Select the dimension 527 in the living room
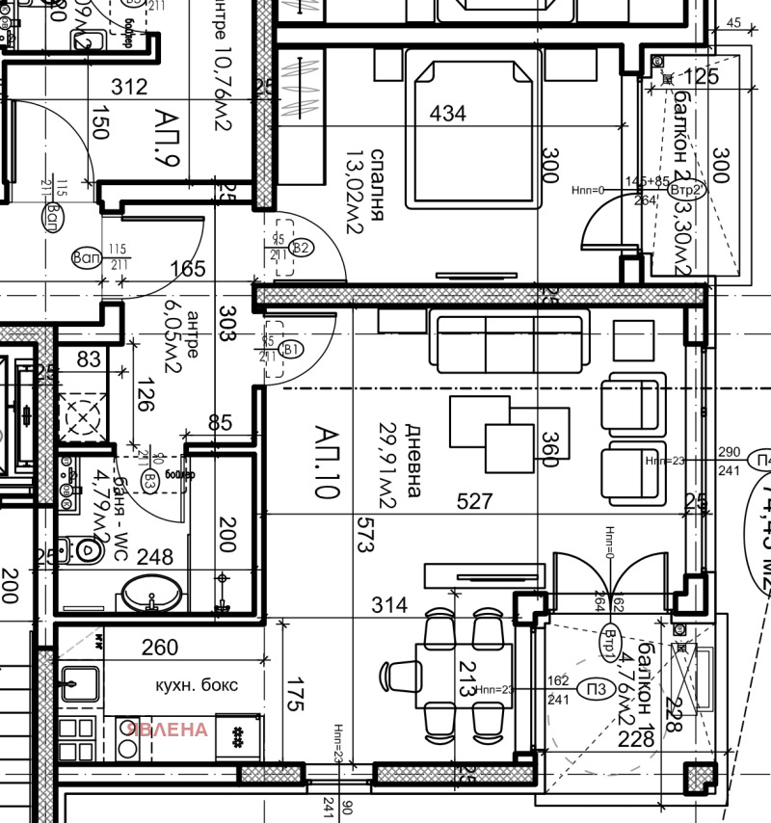[x=475, y=501]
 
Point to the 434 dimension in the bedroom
[x=447, y=114]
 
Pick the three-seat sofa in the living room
[x=511, y=342]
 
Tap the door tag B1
[x=292, y=349]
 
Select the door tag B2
[x=301, y=248]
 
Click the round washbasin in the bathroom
[x=151, y=592]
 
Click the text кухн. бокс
[x=197, y=685]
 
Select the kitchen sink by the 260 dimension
[x=79, y=684]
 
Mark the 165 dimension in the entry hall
[x=188, y=269]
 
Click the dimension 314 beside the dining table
[x=389, y=605]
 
